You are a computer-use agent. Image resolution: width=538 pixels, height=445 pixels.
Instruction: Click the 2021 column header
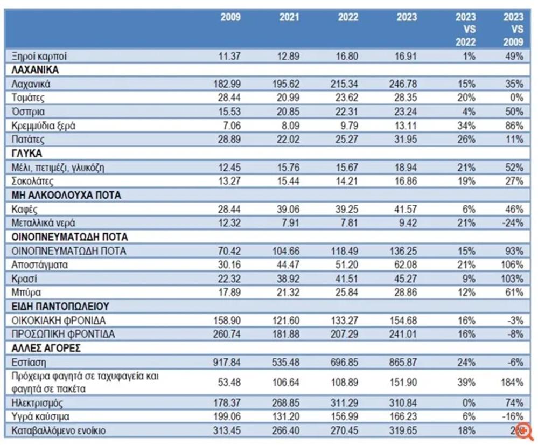pos(289,17)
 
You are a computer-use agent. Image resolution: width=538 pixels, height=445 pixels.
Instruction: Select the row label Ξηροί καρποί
pos(39,56)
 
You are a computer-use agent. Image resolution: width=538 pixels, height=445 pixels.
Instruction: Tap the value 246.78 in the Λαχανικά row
pos(402,84)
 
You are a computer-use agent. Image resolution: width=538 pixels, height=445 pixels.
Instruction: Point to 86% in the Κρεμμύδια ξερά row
pos(514,126)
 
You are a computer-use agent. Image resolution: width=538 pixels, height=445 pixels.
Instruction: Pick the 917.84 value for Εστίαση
pos(228,362)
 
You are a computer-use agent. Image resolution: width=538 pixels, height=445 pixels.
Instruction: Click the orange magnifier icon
pos(523,430)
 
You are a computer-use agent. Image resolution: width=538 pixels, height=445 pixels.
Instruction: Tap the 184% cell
pos(512,383)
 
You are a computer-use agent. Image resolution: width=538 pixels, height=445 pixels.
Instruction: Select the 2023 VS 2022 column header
pos(465,30)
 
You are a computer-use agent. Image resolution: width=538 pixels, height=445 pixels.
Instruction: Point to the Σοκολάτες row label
pos(33,181)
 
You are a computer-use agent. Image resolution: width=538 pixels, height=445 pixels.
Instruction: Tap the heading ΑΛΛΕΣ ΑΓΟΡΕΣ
pos(46,348)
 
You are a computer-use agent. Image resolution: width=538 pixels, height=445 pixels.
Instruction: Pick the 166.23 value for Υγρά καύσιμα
pos(402,416)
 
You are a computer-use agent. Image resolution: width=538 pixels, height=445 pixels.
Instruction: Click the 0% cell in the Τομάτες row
pos(516,98)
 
